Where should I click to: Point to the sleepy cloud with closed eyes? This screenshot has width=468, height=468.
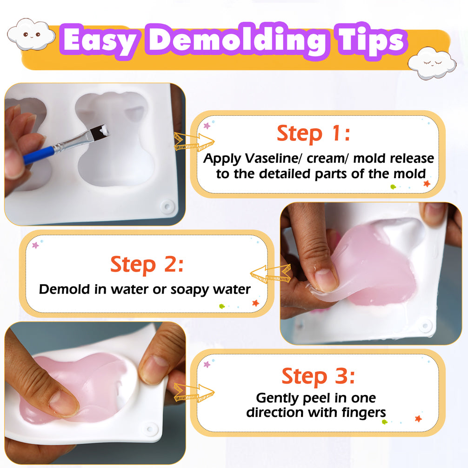tap(432, 63)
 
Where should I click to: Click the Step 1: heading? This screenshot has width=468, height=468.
tap(313, 134)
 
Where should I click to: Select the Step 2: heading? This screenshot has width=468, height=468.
tap(147, 265)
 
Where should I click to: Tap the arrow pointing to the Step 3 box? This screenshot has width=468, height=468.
tap(194, 392)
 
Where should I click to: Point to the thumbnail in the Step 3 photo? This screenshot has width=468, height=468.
tap(64, 403)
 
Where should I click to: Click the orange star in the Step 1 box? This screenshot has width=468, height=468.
tap(427, 184)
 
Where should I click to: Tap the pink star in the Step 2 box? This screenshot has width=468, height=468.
tap(35, 245)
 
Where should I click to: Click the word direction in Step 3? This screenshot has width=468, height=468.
tap(275, 413)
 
